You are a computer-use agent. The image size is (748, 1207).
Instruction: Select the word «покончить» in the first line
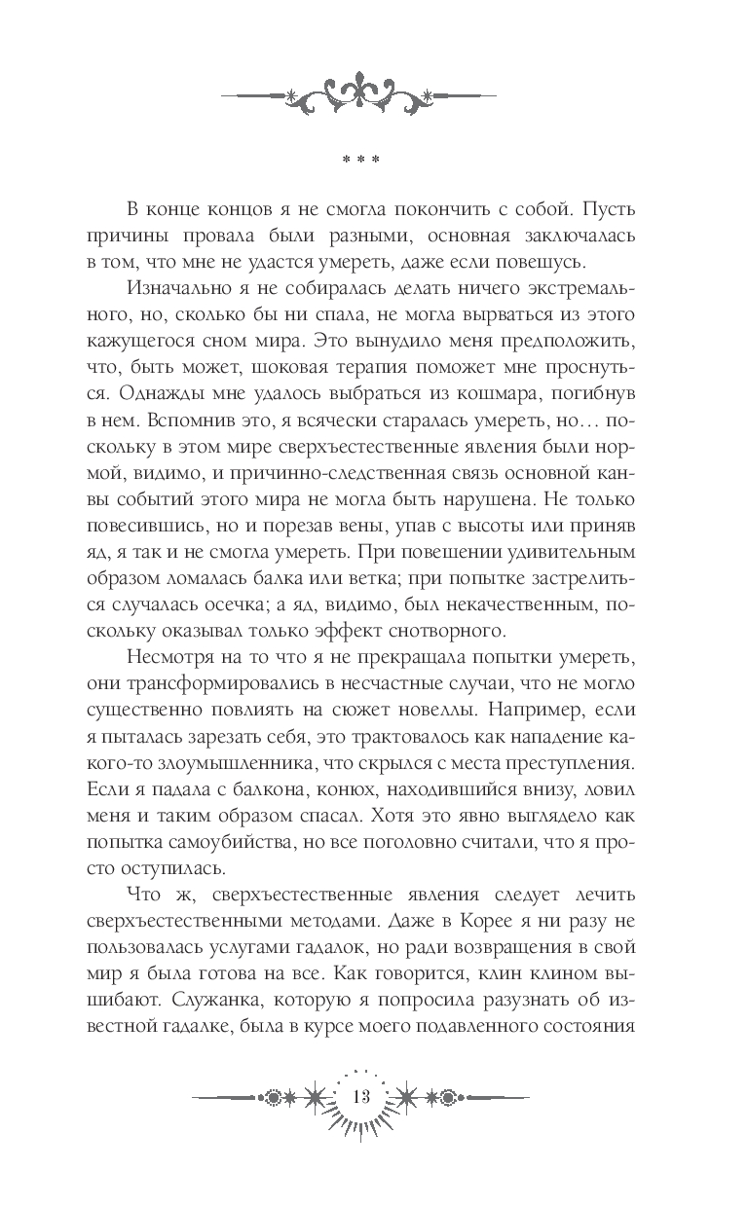[x=469, y=210]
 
